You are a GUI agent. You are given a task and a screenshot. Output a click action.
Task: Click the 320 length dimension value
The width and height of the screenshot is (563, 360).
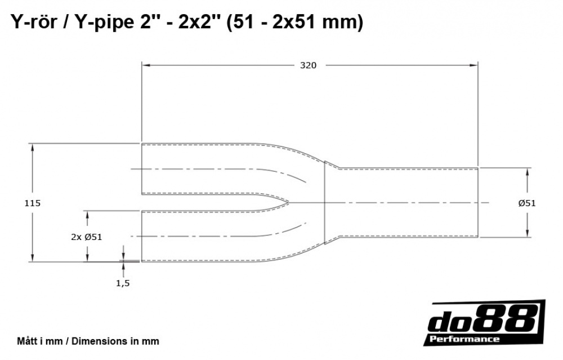(x=308, y=65)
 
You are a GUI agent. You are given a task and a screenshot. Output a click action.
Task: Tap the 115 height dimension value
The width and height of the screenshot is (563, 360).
(x=33, y=203)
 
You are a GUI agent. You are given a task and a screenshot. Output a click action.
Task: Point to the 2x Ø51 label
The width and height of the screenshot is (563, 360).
(x=87, y=237)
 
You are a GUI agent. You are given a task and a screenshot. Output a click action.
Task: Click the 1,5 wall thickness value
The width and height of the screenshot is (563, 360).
(x=123, y=283)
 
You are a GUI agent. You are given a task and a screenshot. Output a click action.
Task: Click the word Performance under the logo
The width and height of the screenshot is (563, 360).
(x=464, y=339)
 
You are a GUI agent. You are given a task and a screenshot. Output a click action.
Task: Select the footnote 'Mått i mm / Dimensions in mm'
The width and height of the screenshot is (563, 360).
(x=88, y=341)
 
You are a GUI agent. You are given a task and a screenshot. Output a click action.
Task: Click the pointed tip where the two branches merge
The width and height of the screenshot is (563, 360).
(x=289, y=202)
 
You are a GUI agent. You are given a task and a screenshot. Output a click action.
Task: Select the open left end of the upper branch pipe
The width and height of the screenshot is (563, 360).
(x=141, y=169)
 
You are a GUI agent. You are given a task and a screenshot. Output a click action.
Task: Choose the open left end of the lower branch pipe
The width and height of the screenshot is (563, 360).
(x=141, y=236)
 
